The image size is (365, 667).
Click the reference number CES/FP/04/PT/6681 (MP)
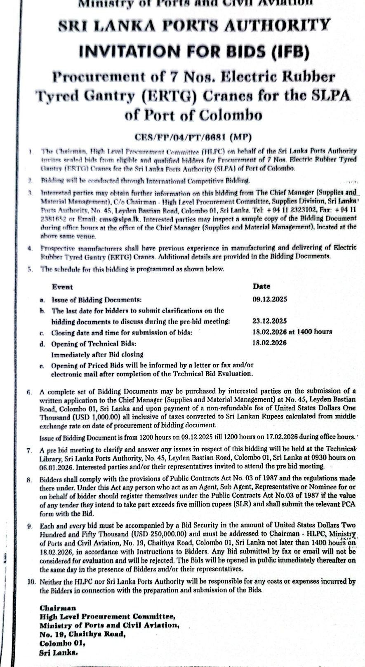coord(193,137)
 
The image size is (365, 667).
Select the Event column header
coord(62,287)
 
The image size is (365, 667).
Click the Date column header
coord(261,286)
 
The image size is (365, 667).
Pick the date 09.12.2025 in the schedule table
coord(270,300)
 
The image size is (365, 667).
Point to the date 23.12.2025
coord(269,321)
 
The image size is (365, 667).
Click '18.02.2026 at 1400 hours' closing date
coord(292,332)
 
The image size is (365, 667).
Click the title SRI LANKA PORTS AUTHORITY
coord(194,26)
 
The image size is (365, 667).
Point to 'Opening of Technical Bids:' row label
coord(94,343)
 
